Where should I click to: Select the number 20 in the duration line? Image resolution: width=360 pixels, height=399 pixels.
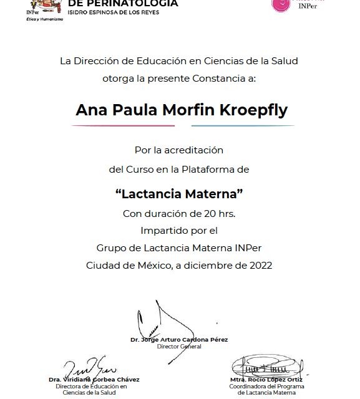pyautogui.click(x=210, y=213)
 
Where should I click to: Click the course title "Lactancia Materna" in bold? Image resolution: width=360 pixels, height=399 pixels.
pyautogui.click(x=179, y=194)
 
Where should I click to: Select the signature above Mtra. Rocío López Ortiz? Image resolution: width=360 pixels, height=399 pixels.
pyautogui.click(x=266, y=367)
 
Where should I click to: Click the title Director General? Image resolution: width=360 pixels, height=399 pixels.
pyautogui.click(x=179, y=346)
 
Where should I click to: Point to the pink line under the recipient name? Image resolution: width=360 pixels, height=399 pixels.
pyautogui.click(x=123, y=126)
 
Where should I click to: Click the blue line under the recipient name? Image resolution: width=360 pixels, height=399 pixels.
pyautogui.click(x=243, y=126)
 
